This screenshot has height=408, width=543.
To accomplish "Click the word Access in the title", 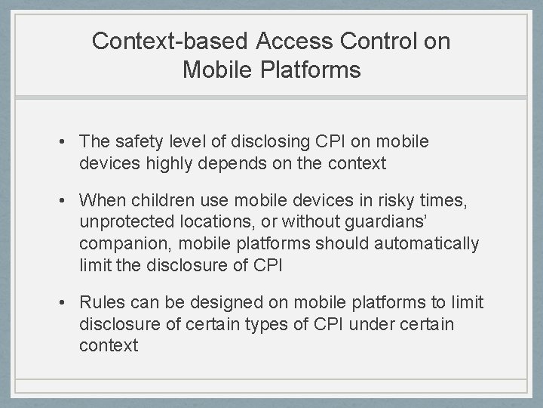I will (287, 41).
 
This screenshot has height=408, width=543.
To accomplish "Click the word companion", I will (121, 244).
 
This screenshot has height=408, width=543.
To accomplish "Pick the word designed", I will (224, 303).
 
